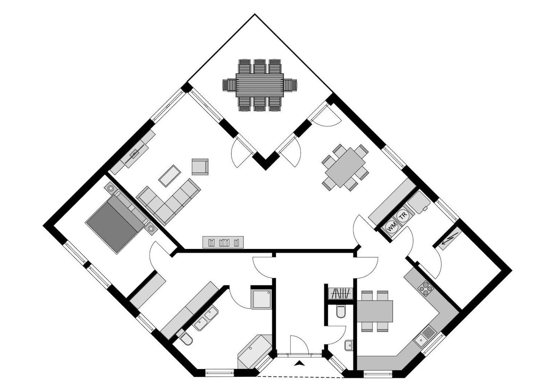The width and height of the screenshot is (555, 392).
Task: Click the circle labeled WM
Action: [x=392, y=228]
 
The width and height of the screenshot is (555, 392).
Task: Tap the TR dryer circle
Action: [x=402, y=217]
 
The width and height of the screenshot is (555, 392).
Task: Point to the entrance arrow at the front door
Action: [x=299, y=362]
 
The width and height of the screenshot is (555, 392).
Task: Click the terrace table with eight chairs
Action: [x=260, y=85]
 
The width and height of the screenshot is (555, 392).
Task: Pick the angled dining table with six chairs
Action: [x=345, y=167]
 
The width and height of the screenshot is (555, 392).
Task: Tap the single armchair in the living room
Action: [x=200, y=167]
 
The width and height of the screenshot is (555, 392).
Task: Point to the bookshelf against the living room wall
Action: [x=223, y=242]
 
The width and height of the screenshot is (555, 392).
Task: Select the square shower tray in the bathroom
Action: [x=261, y=299]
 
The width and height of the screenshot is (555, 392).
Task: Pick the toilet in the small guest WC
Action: [x=341, y=311]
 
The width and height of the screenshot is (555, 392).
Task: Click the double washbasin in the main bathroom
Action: [x=206, y=318]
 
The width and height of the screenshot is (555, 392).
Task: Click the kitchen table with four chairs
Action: [x=375, y=311]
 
